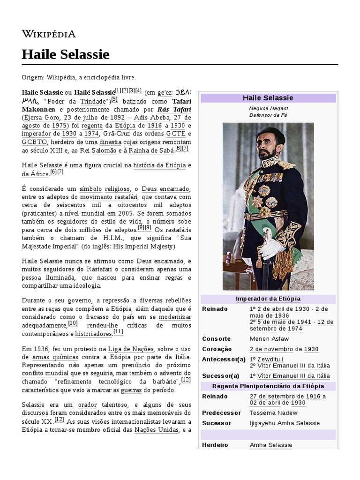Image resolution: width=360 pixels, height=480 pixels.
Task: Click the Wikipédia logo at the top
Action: (x=48, y=34)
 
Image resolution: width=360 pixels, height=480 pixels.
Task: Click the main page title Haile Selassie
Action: (x=65, y=54)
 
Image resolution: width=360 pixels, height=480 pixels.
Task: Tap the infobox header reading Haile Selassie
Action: (x=268, y=98)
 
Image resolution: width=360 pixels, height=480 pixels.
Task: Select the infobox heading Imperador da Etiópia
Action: (x=268, y=299)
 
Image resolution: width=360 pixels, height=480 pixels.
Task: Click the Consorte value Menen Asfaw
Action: (x=269, y=338)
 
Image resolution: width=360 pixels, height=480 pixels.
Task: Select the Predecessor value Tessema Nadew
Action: (x=273, y=412)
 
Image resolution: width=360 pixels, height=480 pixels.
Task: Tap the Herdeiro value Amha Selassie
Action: (x=270, y=445)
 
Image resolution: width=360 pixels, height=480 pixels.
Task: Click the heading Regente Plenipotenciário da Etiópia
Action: (x=268, y=386)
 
